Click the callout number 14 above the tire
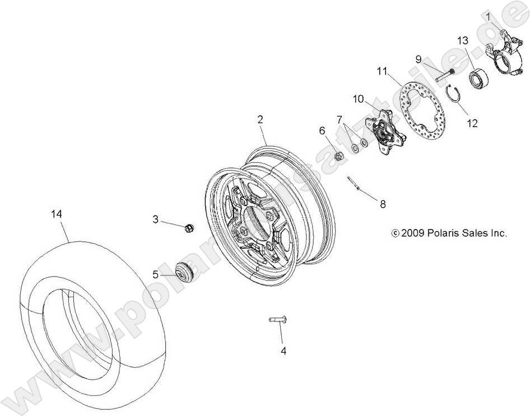click(57, 214)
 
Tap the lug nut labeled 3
click(188, 228)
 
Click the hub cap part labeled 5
click(183, 272)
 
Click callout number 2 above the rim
click(260, 119)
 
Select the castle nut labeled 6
click(338, 157)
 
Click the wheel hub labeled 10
click(383, 133)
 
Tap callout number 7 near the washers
click(340, 119)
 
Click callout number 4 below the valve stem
click(283, 351)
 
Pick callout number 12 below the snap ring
click(472, 123)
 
